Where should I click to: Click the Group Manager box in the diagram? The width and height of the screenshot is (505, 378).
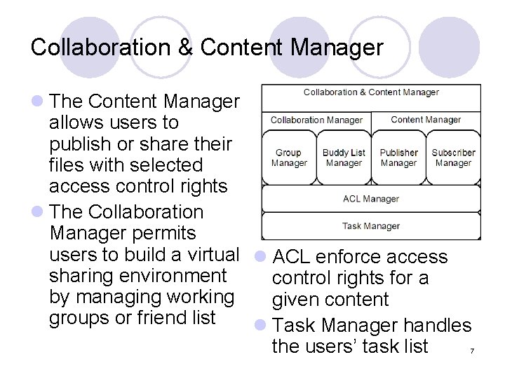pyautogui.click(x=288, y=157)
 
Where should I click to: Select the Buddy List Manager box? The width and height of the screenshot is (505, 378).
pyautogui.click(x=344, y=157)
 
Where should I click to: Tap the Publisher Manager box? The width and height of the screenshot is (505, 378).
pyautogui.click(x=398, y=157)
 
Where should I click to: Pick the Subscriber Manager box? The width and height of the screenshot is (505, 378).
pyautogui.click(x=453, y=157)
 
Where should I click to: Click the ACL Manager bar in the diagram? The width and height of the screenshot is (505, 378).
pyautogui.click(x=371, y=199)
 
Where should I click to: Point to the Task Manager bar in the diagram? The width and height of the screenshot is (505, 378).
pyautogui.click(x=371, y=226)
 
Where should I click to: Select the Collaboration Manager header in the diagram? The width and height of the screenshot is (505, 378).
pyautogui.click(x=316, y=120)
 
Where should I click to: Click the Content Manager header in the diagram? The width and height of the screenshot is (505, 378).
pyautogui.click(x=426, y=120)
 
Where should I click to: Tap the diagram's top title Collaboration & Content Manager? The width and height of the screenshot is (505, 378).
pyautogui.click(x=371, y=92)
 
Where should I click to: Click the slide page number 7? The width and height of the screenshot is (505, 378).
pyautogui.click(x=473, y=351)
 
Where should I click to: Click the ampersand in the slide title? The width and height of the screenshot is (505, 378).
pyautogui.click(x=184, y=48)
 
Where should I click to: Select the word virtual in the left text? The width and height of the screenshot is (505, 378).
pyautogui.click(x=206, y=254)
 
